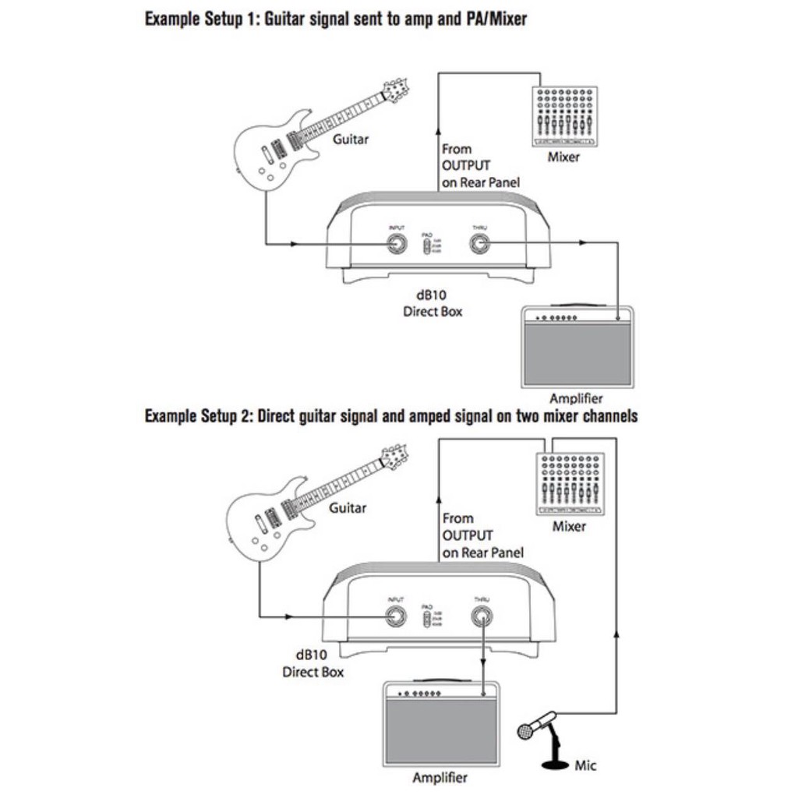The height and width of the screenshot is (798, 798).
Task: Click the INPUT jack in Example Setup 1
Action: click(x=397, y=245)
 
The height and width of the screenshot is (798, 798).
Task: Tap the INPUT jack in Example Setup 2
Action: click(x=396, y=617)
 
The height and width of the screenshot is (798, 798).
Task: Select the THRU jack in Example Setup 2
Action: click(x=482, y=617)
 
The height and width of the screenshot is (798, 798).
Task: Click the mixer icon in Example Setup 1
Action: click(x=564, y=116)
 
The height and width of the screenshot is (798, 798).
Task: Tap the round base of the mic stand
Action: click(x=556, y=764)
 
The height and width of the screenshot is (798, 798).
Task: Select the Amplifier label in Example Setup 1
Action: click(x=576, y=398)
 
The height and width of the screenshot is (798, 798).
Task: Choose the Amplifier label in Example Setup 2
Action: click(x=440, y=777)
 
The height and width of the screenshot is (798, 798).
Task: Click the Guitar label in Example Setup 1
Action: click(x=351, y=139)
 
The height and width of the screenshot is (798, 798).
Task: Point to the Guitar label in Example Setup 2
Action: click(x=348, y=508)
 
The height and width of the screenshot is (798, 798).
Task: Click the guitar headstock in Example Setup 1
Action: click(x=397, y=91)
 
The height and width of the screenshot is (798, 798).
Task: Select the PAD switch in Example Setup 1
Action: click(x=427, y=247)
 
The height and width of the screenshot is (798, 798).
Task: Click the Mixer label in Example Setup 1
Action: click(x=563, y=157)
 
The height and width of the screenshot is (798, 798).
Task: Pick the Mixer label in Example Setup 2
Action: click(x=569, y=526)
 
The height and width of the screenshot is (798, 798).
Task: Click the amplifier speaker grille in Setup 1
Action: click(x=577, y=355)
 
